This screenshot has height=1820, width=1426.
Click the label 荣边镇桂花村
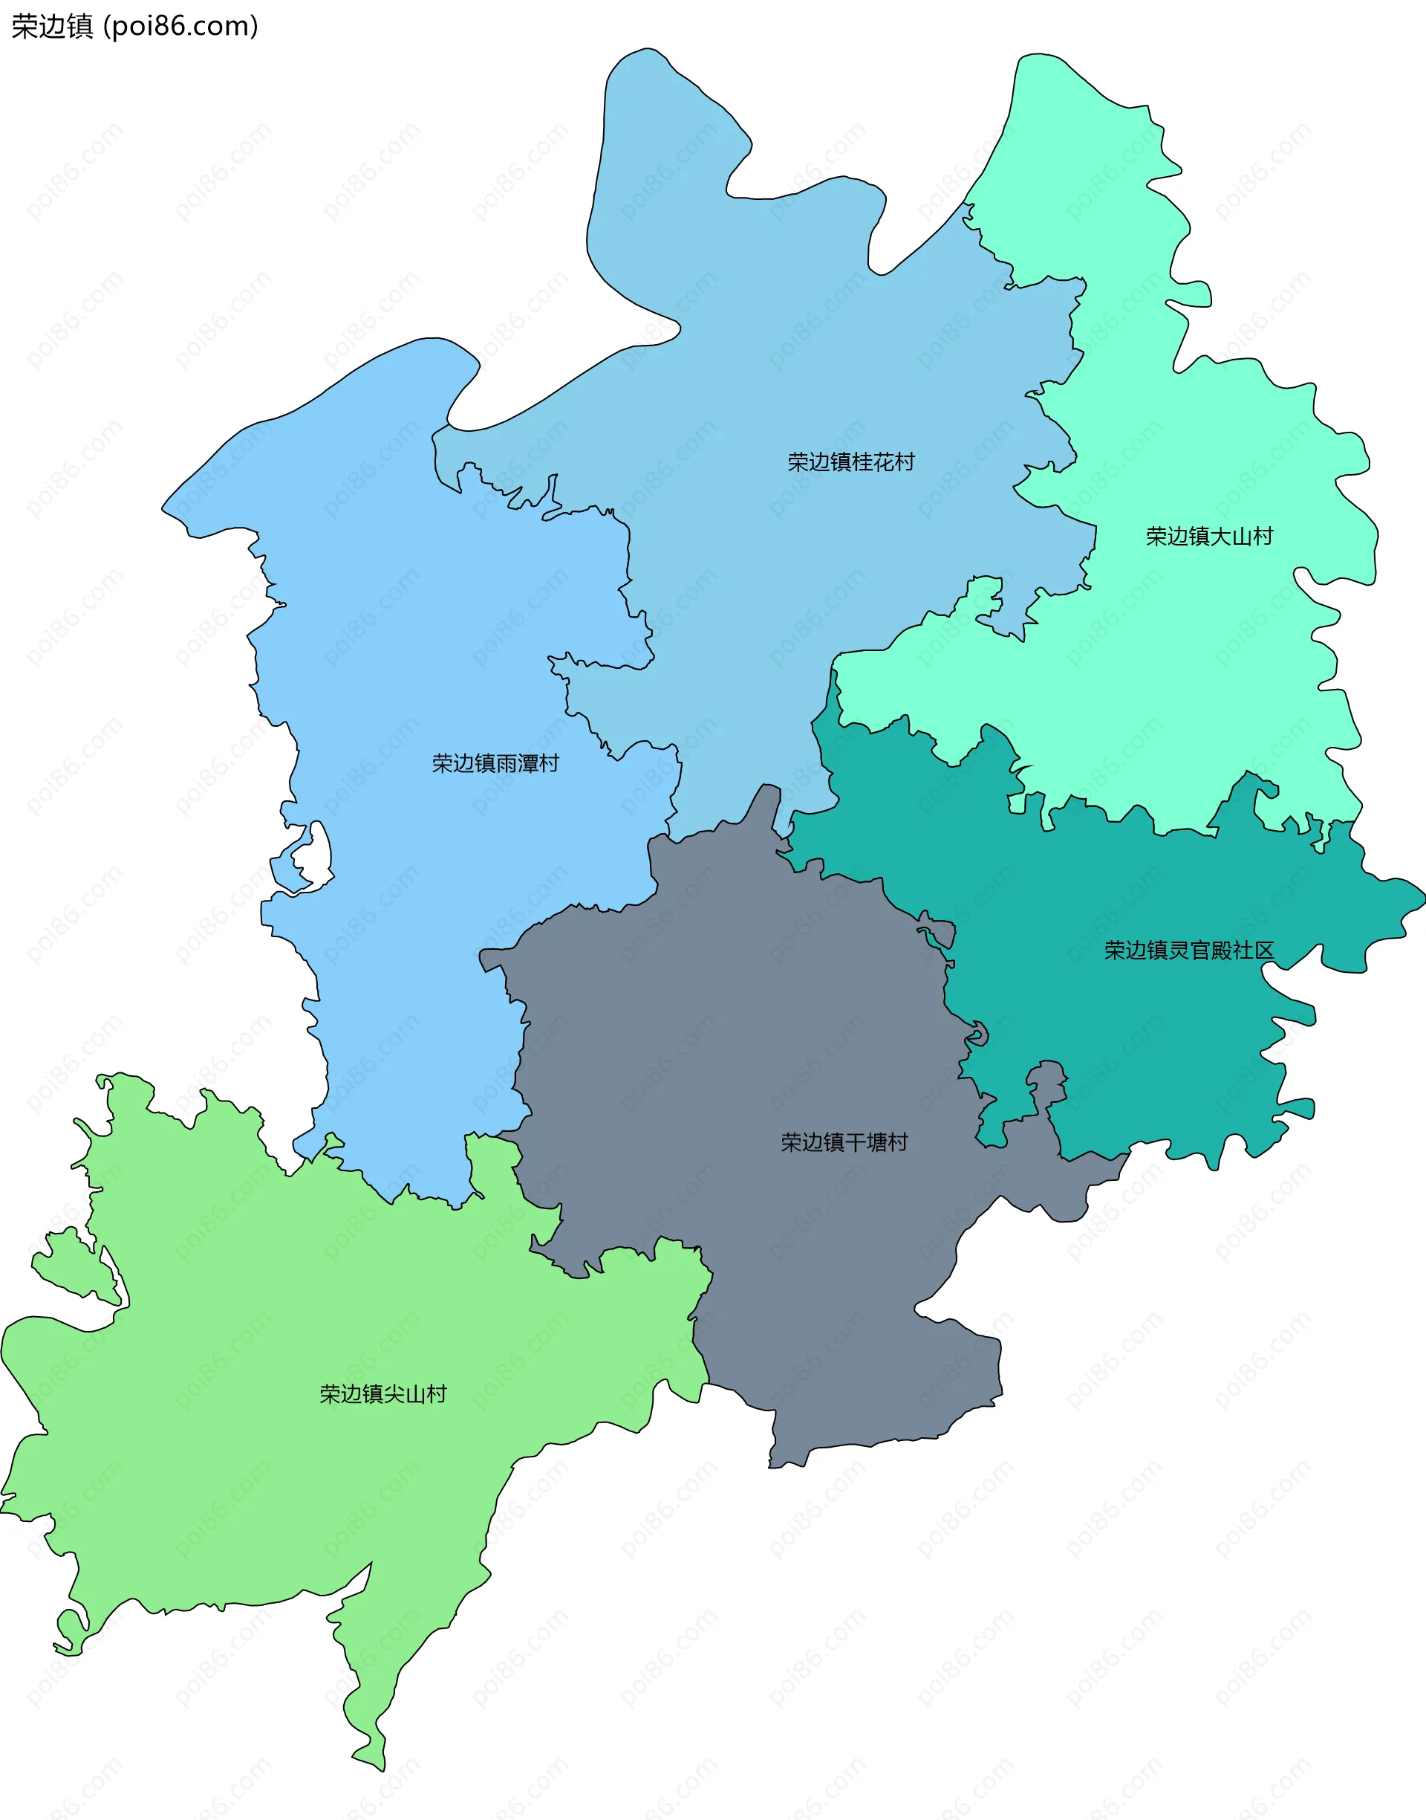click(850, 462)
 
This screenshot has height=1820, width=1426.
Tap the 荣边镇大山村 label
click(1209, 537)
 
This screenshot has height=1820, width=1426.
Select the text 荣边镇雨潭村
click(495, 763)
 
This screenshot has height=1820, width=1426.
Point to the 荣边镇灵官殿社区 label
click(1189, 951)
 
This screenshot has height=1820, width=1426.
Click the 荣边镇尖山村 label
click(383, 1394)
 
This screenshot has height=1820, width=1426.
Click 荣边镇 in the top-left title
click(52, 27)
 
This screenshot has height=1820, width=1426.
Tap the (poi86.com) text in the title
click(180, 27)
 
